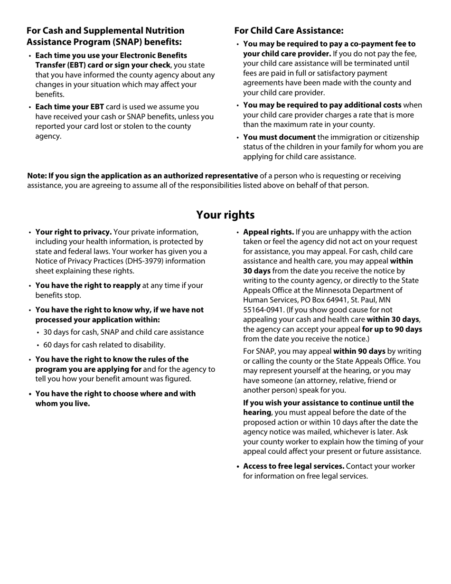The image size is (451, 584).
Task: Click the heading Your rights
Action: [x=225, y=215]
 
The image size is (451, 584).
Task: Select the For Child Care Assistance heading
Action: [x=289, y=31]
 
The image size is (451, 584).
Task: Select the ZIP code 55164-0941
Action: [x=263, y=310]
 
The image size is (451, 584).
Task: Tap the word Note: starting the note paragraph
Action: [x=37, y=176]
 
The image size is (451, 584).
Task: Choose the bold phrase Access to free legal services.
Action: [x=294, y=466]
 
